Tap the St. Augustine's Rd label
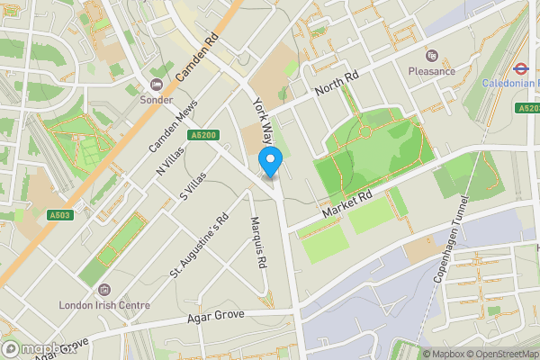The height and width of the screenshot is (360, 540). pyautogui.click(x=199, y=246)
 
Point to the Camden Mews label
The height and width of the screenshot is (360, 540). pyautogui.click(x=172, y=124)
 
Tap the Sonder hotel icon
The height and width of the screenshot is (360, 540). pyautogui.click(x=157, y=85)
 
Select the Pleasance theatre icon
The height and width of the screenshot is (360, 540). pyautogui.click(x=430, y=55)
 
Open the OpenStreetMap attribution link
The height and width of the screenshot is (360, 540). pyautogui.click(x=503, y=354)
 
